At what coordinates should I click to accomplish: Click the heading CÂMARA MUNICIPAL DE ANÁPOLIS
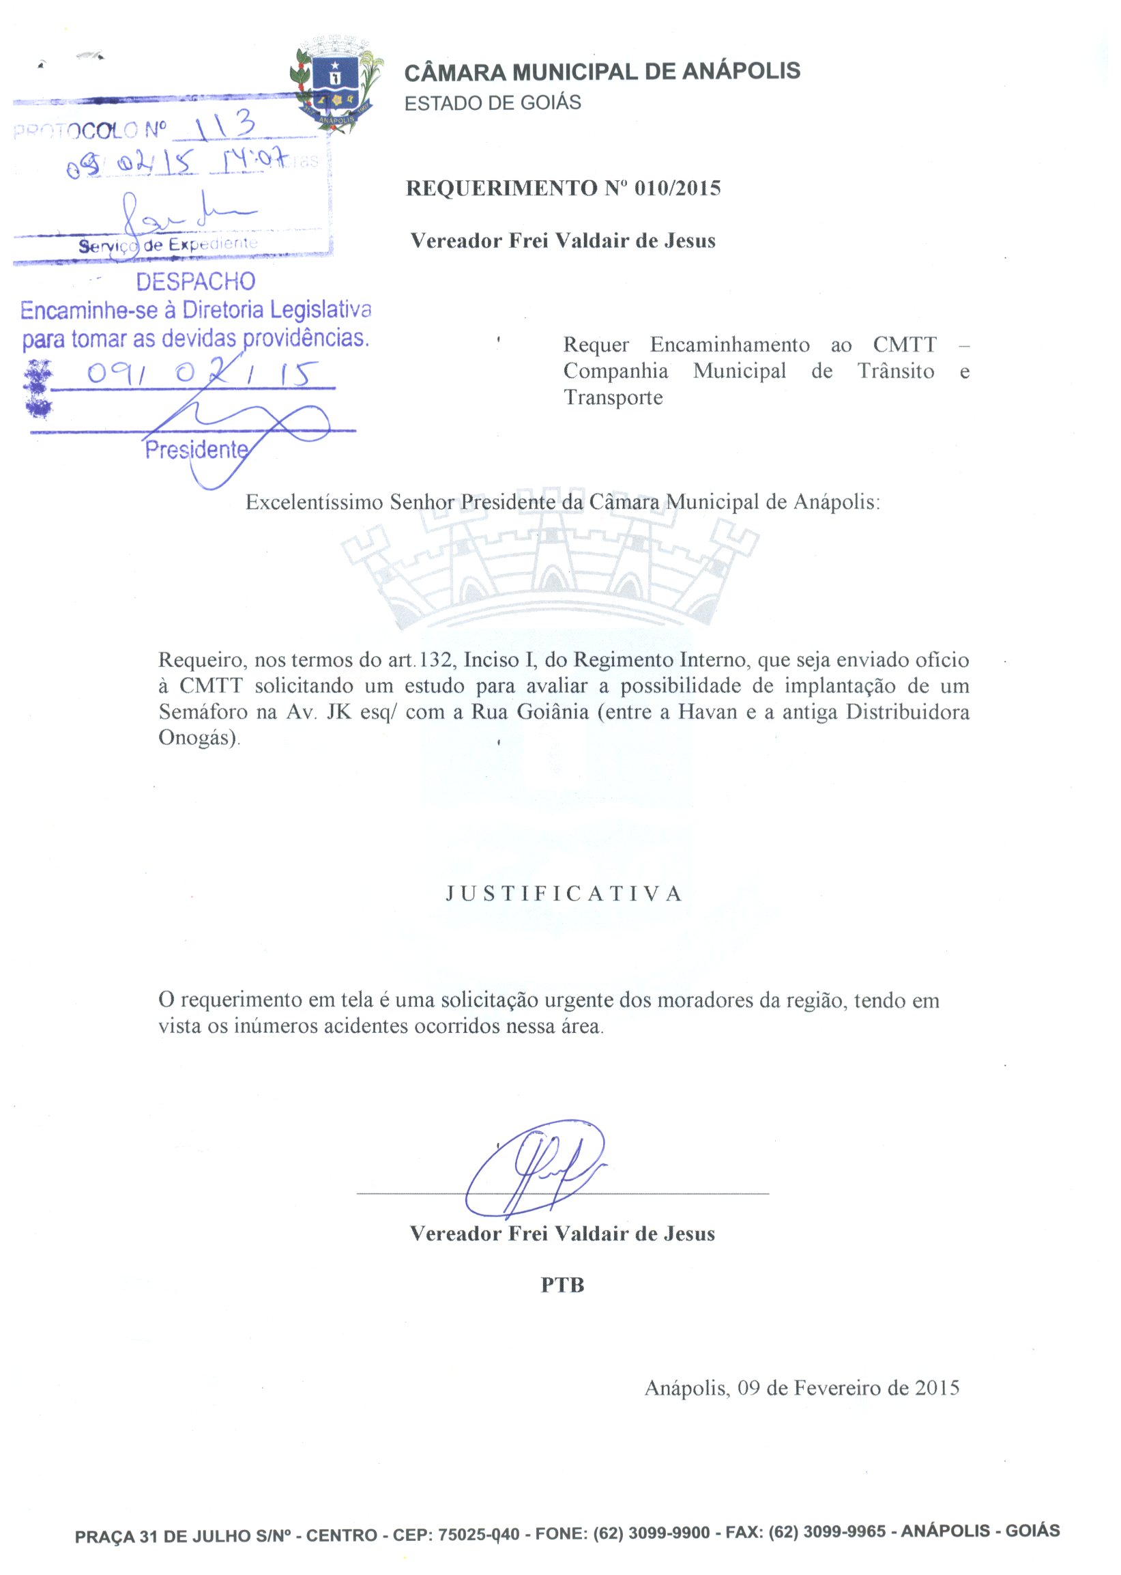(601, 72)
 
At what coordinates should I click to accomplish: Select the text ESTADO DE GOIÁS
(492, 103)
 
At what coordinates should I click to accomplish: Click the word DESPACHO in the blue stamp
(195, 282)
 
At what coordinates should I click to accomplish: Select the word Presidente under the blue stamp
(196, 450)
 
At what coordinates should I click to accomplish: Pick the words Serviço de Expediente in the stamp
(168, 244)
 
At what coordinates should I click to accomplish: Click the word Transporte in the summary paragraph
(613, 398)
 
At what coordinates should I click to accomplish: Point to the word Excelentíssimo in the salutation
(315, 502)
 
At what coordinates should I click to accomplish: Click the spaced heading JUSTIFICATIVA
(564, 894)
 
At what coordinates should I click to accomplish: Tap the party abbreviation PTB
(562, 1286)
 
